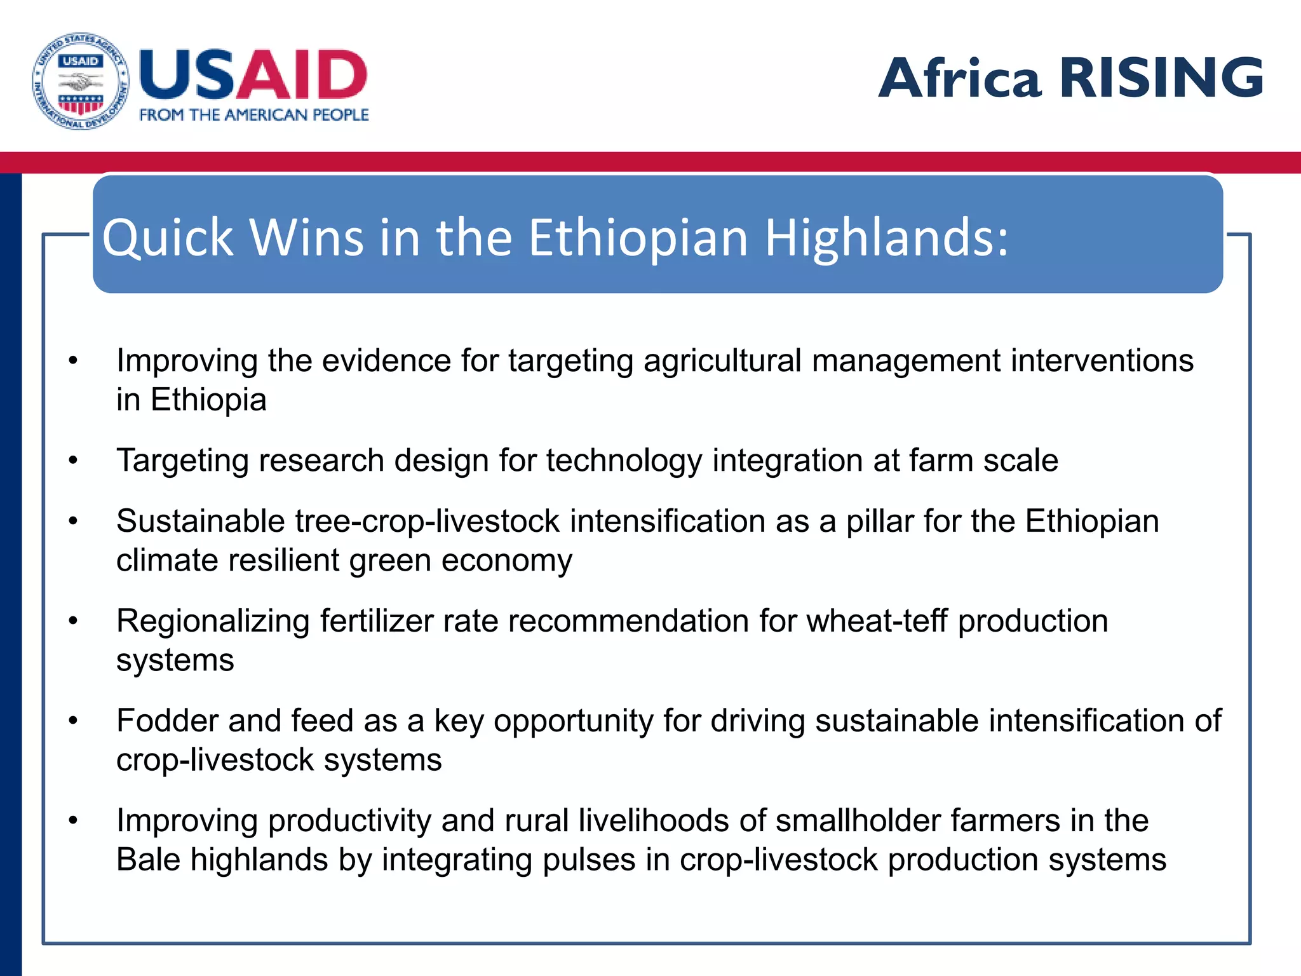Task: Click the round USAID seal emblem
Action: (81, 81)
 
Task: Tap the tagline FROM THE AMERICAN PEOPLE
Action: (253, 115)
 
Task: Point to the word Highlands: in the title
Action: (886, 238)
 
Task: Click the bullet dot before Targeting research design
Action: (73, 459)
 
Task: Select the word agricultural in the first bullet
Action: (722, 361)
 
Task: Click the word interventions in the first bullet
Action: (1102, 361)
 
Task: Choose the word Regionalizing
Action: (213, 621)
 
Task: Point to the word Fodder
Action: (167, 721)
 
